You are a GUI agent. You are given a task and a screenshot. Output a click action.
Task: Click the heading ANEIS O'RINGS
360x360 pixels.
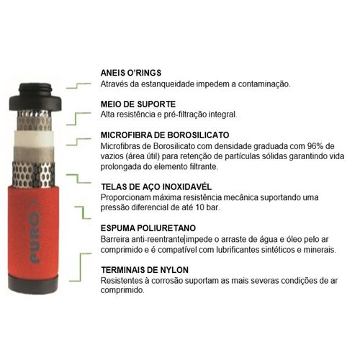click(131, 73)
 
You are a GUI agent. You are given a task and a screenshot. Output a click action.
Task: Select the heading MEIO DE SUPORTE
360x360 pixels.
click(138, 104)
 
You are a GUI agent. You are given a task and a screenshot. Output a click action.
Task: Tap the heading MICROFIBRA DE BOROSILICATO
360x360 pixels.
click(165, 135)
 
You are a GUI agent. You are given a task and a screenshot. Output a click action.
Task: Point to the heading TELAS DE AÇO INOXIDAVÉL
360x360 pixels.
click(156, 186)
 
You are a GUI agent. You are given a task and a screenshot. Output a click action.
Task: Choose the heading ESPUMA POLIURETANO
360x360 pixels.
click(148, 228)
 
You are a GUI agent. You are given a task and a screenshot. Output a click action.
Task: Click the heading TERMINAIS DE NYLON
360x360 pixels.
click(145, 270)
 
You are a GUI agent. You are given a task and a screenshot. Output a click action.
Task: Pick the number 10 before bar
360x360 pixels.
click(199, 207)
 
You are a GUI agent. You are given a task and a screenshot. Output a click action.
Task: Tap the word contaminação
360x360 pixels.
click(264, 84)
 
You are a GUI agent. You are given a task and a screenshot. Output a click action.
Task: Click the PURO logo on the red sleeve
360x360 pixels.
click(35, 231)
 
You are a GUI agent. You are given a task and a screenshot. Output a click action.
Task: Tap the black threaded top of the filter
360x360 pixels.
click(35, 96)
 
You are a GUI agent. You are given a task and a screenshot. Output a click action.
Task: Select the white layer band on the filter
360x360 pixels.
click(33, 138)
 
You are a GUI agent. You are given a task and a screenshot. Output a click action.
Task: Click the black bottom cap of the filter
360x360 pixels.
click(33, 284)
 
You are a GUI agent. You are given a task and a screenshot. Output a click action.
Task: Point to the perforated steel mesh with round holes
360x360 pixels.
click(33, 174)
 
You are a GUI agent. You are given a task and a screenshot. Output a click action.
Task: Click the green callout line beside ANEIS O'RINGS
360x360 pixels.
click(78, 86)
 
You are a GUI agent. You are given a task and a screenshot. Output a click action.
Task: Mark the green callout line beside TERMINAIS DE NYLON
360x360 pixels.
click(81, 267)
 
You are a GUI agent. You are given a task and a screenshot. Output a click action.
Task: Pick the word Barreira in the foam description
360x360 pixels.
click(115, 239)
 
